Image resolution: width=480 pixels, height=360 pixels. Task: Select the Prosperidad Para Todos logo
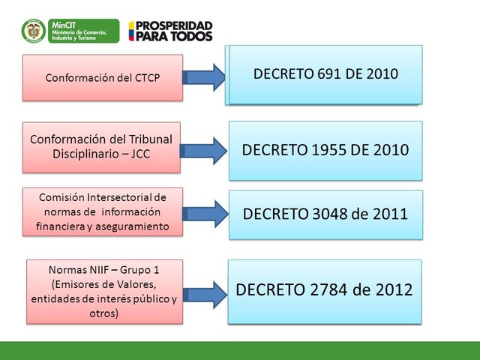point(170,31)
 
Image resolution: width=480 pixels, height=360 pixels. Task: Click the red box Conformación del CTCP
point(103,77)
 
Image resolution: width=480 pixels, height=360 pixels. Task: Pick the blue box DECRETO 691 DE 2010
point(325,73)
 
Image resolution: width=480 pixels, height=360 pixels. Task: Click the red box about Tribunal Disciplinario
point(101,145)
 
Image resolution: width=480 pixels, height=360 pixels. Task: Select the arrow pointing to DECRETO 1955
point(205,150)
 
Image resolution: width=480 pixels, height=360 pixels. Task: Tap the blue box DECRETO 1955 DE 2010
point(325,150)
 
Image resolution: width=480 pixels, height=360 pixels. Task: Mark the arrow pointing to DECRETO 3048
point(205,214)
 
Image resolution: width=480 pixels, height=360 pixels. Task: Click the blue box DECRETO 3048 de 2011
point(325,214)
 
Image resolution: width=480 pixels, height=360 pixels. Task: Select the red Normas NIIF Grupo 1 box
point(104,291)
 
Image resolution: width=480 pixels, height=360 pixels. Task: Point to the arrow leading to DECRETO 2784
point(205,292)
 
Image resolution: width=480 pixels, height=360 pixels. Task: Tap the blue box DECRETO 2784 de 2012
point(324,291)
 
